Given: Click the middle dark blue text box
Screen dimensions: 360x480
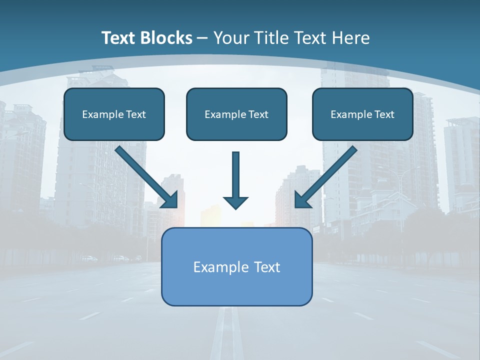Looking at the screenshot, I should point(236,128).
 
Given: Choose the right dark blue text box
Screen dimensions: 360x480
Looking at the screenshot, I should point(362,128).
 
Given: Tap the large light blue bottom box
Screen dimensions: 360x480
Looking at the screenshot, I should point(236,287).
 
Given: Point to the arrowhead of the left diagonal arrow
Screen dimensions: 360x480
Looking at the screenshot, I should point(170,200).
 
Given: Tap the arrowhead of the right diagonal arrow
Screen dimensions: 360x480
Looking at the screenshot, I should point(302,200).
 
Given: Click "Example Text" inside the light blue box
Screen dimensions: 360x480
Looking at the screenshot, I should point(236,267).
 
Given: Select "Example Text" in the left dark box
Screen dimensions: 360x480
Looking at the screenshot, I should point(114,114).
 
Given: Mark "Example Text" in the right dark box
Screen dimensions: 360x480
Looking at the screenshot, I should point(362,114).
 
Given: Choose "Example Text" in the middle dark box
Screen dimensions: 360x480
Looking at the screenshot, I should point(236,114).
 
